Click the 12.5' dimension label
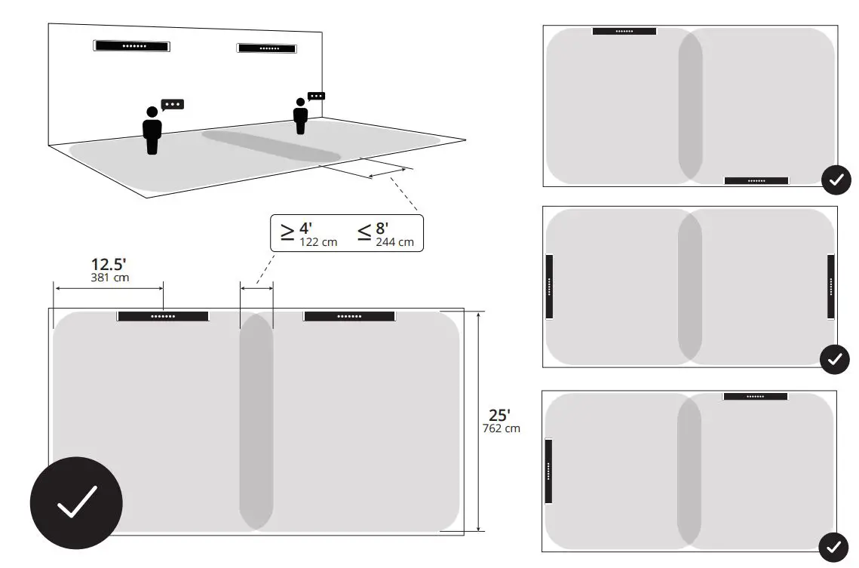coord(109,265)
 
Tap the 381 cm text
coord(110,278)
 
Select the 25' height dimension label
coord(499,415)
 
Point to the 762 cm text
coord(501,428)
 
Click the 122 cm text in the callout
coord(318,242)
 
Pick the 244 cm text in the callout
coord(394,242)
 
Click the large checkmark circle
coord(76,502)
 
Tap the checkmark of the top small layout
coord(836,180)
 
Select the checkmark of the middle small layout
coord(834,359)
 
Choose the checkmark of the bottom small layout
coord(833,547)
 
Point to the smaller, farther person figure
coord(300,116)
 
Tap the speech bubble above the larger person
coord(173,104)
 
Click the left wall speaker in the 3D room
coord(131,46)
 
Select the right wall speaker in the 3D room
coord(266,48)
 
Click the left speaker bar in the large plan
coord(163,316)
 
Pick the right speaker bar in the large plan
coord(349,316)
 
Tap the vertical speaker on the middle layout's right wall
coord(830,287)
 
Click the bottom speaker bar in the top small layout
coord(756,181)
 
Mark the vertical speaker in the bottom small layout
coord(548,471)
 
